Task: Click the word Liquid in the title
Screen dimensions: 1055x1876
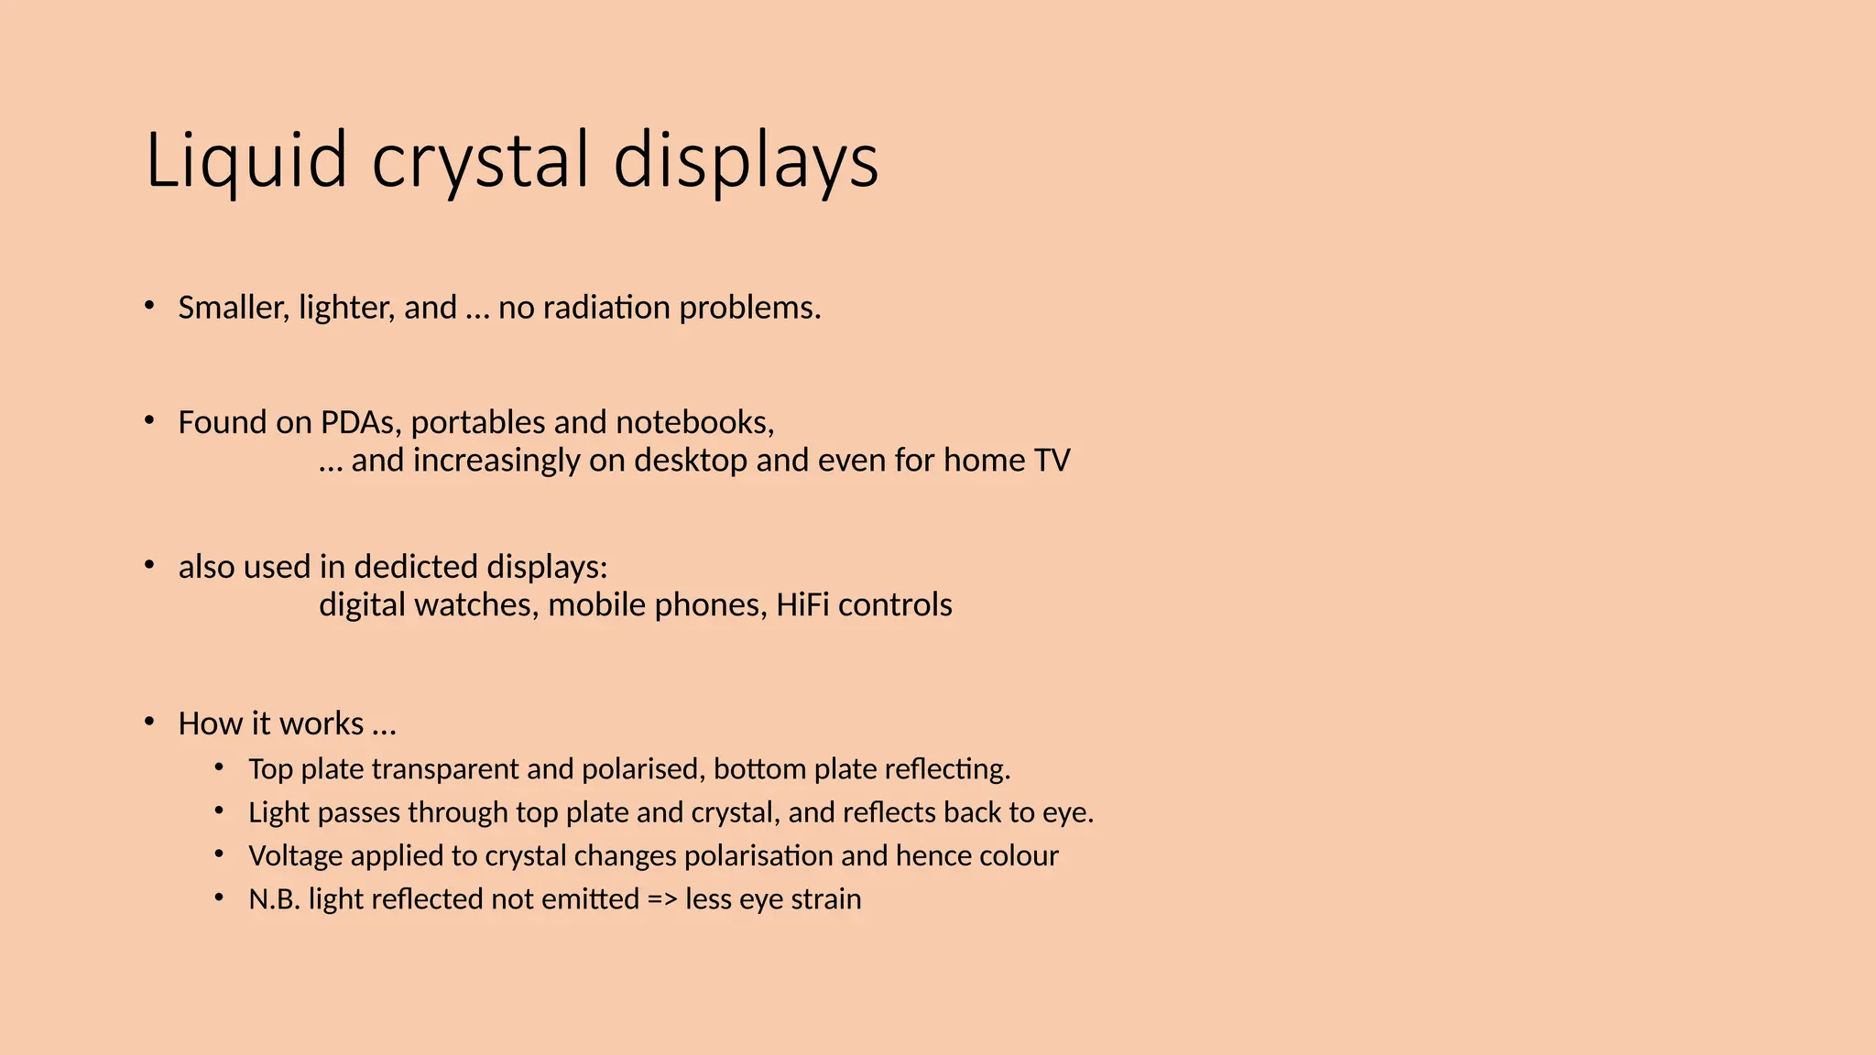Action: tap(245, 161)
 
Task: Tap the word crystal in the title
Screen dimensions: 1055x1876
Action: tap(480, 161)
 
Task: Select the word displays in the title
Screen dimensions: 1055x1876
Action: tap(746, 161)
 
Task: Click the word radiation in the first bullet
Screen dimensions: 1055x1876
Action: tap(606, 308)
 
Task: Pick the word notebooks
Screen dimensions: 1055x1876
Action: tap(694, 422)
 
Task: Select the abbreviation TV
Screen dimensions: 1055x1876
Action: tap(1052, 460)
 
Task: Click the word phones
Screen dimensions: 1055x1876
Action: tap(723, 605)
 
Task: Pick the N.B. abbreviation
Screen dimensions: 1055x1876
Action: tap(274, 899)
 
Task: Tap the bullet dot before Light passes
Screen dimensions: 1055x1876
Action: tap(219, 811)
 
